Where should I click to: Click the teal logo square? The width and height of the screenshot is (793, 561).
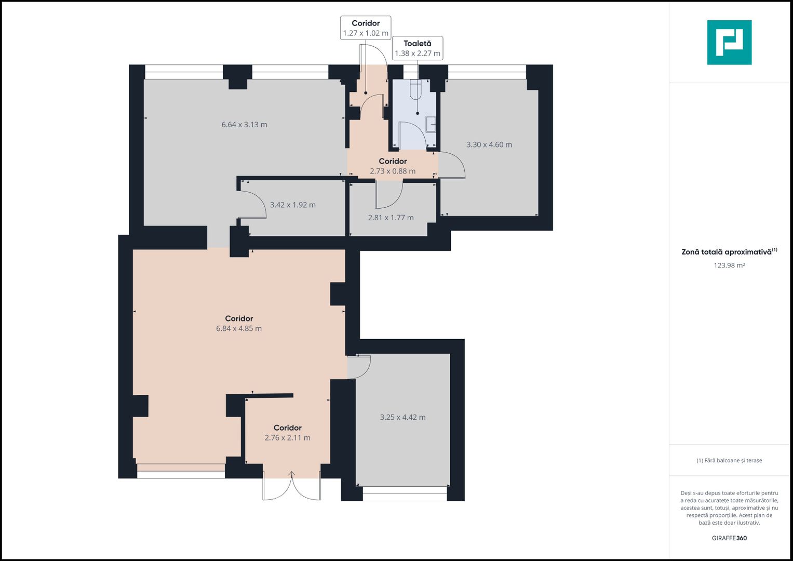(x=729, y=43)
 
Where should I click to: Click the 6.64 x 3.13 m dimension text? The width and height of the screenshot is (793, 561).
(x=244, y=125)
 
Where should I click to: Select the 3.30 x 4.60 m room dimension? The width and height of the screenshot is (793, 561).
(x=489, y=144)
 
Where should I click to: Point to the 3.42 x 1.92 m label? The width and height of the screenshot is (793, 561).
(x=293, y=205)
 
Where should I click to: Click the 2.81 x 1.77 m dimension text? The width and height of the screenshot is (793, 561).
(x=391, y=218)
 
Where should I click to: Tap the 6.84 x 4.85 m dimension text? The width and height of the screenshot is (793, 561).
(x=239, y=328)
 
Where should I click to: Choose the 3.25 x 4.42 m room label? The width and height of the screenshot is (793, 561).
(x=403, y=417)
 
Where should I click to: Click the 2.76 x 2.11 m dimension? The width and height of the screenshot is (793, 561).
(x=288, y=438)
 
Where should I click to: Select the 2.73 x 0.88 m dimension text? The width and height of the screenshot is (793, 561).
(x=393, y=171)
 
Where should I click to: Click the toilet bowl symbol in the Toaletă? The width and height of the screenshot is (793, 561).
(x=415, y=89)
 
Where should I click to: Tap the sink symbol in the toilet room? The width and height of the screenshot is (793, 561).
(x=431, y=124)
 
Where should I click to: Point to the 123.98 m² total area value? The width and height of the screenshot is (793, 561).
(x=729, y=265)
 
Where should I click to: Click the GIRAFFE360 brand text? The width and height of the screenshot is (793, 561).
(x=729, y=538)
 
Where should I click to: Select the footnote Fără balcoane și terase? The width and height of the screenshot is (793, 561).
(x=729, y=460)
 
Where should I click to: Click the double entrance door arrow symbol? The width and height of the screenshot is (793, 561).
(x=292, y=475)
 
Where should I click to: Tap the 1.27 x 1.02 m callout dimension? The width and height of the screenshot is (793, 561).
(x=366, y=33)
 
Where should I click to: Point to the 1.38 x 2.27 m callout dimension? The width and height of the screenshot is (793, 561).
(x=418, y=54)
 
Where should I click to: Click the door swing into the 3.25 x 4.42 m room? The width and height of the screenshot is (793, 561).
(x=367, y=370)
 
